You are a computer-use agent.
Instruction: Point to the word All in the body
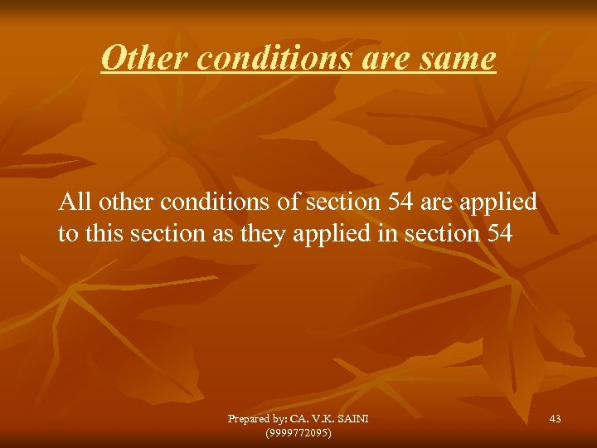76,202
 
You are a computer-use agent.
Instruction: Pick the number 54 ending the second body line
497,233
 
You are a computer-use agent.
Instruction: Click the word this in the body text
104,233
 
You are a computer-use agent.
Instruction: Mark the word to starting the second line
68,233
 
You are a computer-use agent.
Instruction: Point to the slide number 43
555,419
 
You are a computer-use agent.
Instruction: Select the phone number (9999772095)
298,432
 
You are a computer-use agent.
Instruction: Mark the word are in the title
383,58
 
